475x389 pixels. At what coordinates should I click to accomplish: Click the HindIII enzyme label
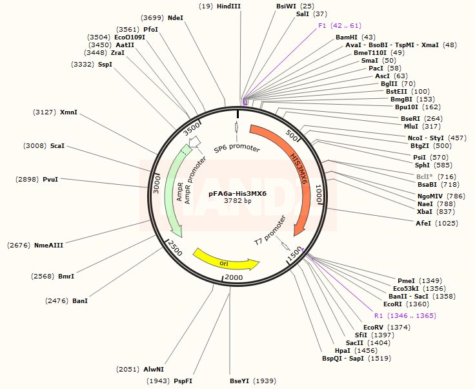pos(228,6)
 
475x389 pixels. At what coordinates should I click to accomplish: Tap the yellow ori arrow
pos(226,258)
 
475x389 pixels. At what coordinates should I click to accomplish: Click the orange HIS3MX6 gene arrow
pos(294,174)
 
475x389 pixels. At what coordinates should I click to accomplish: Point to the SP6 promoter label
pos(237,149)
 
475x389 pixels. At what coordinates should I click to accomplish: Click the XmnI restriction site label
pos(68,112)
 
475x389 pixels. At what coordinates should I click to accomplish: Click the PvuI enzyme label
pos(50,179)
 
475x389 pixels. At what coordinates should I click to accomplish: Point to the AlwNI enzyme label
pos(154,369)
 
